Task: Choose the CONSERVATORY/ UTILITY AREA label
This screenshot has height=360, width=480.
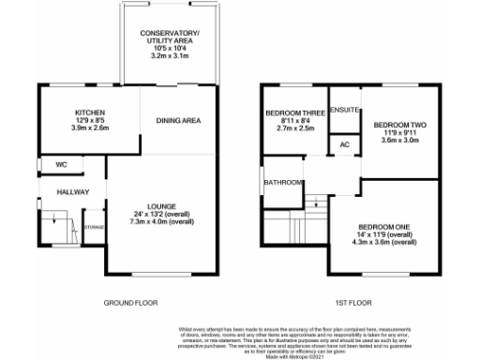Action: point(177,38)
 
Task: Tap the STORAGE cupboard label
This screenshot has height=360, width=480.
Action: point(94,227)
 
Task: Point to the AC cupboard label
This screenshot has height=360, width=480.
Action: point(344,146)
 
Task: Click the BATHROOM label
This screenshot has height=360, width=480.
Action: point(282,182)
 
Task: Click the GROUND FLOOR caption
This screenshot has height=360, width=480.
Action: point(129,303)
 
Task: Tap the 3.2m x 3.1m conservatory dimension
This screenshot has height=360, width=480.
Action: point(177,56)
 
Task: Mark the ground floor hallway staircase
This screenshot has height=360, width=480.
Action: point(57,226)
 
